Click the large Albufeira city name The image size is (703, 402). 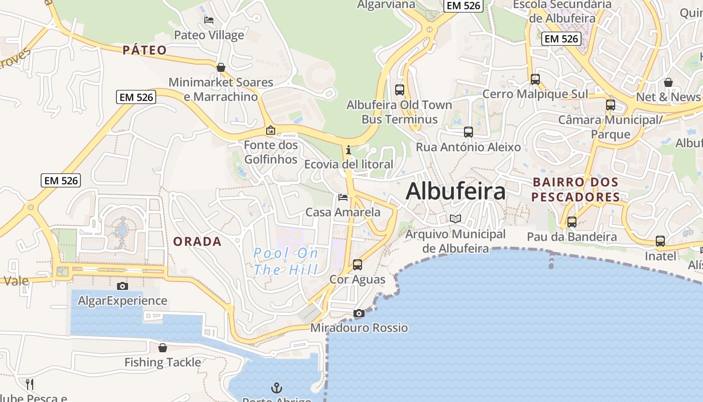[x=455, y=191]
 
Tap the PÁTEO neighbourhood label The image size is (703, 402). [x=145, y=50]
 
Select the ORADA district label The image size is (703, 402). [x=197, y=242]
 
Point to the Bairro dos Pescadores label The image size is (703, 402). [x=575, y=189]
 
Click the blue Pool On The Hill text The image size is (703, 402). [x=286, y=261]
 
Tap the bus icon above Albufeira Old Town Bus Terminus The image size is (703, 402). [x=400, y=90]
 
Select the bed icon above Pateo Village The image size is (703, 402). [x=209, y=20]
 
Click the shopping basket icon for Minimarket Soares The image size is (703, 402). [x=220, y=67]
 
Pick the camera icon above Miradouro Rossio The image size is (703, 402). [x=359, y=314]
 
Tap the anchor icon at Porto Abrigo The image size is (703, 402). [x=277, y=388]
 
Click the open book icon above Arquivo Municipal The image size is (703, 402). [x=455, y=219]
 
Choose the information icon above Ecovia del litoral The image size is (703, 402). [x=348, y=150]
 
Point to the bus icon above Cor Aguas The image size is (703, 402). [x=358, y=264]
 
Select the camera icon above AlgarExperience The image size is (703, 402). [x=122, y=286]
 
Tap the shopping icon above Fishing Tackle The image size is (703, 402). [x=163, y=348]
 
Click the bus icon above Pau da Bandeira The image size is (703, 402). [x=572, y=222]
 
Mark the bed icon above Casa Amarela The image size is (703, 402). [x=343, y=197]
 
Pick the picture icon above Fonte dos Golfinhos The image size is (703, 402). [x=271, y=131]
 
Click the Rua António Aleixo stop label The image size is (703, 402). [x=468, y=147]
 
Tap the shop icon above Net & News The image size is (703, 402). [x=668, y=82]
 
